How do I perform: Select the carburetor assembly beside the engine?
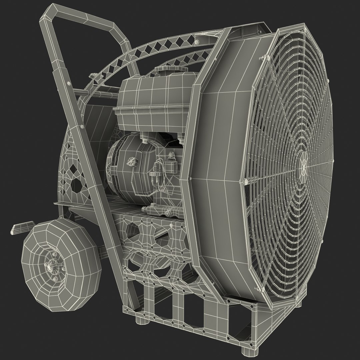coord(158,173)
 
